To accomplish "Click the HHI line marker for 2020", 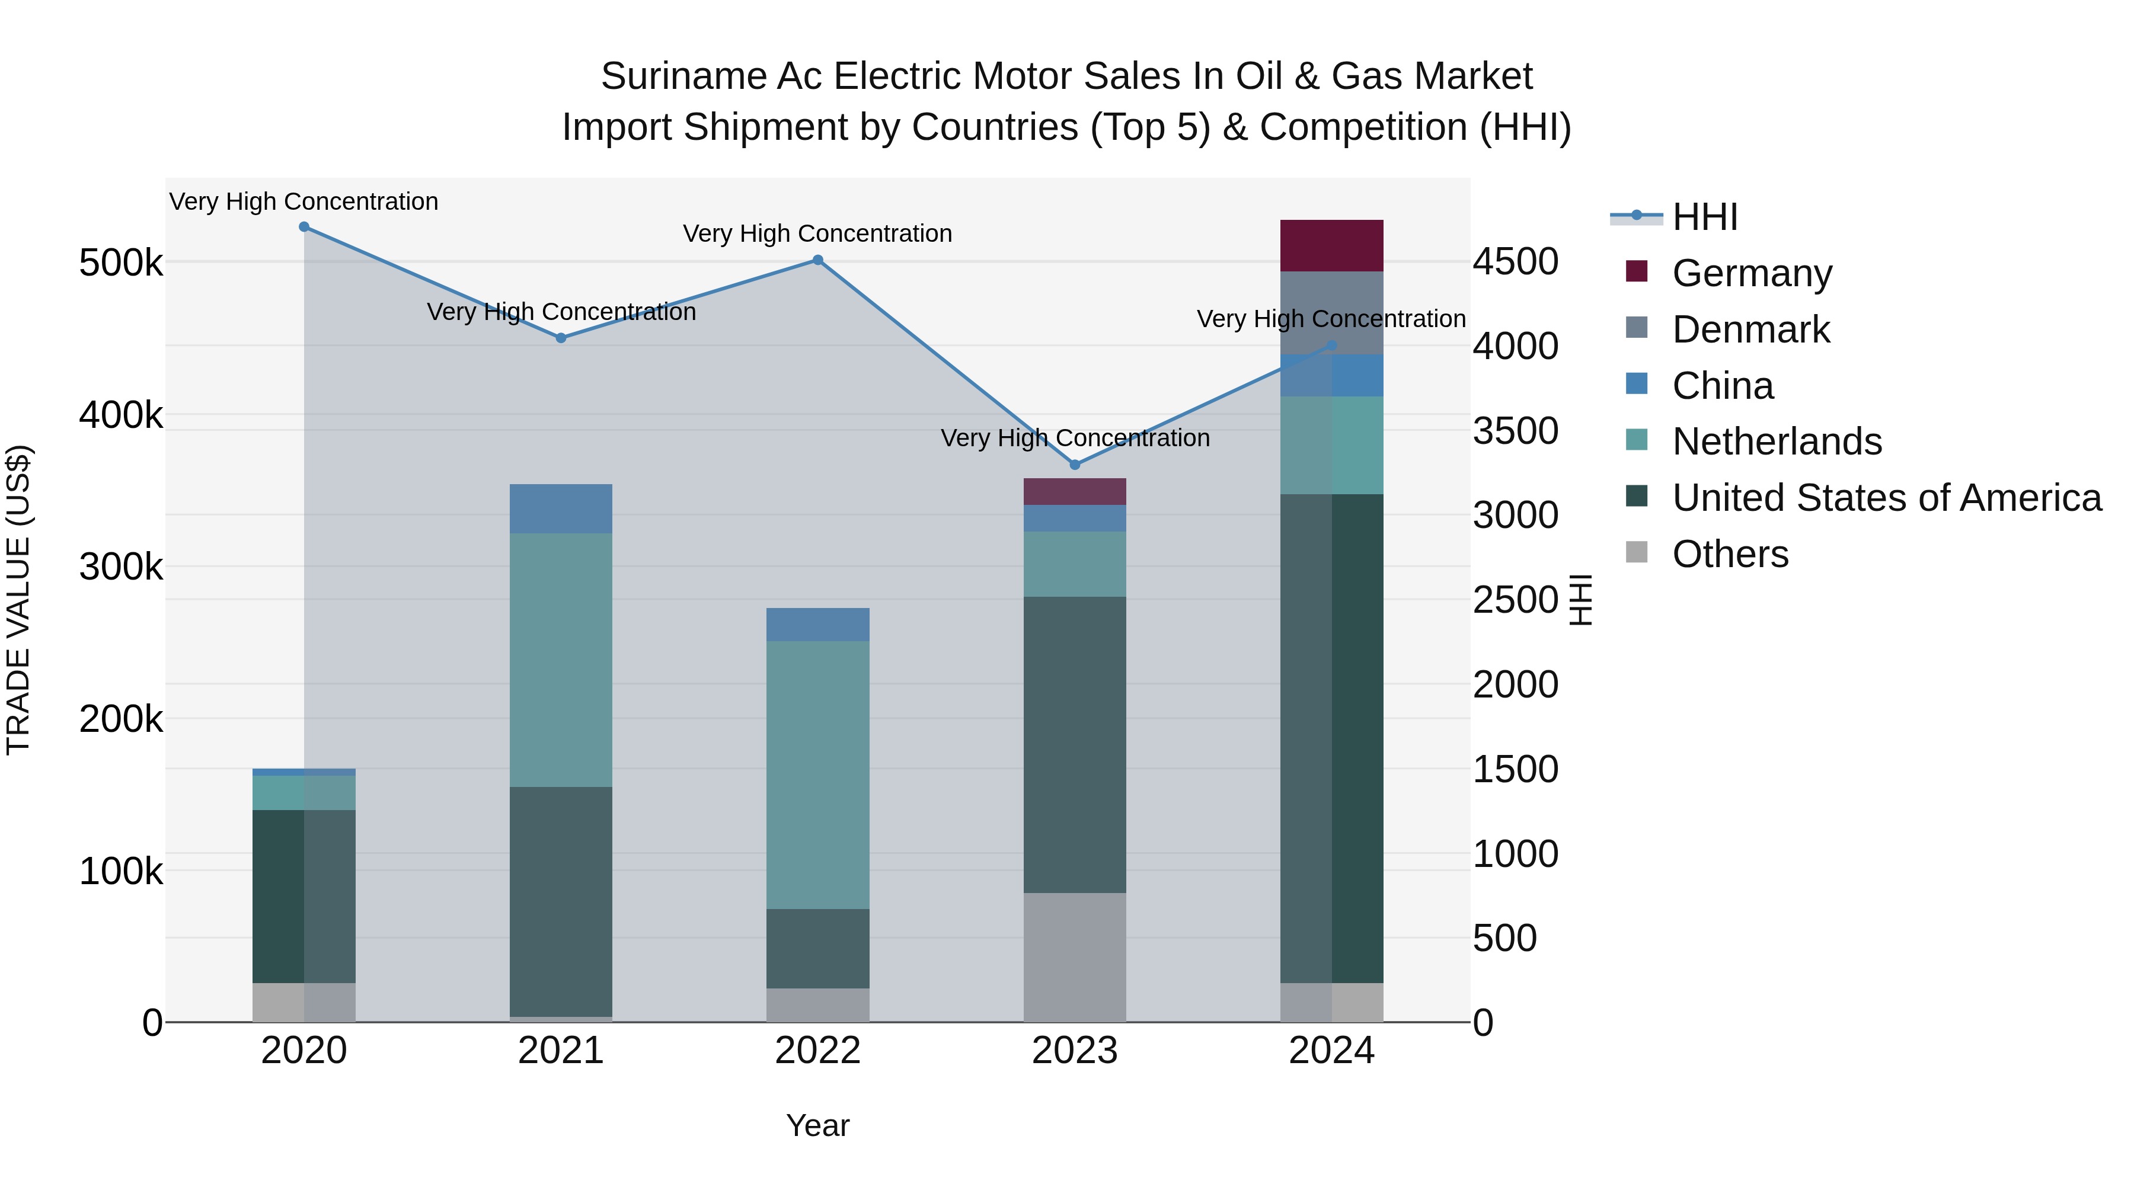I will point(304,227).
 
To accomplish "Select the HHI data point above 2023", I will point(1075,465).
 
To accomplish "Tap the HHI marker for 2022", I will point(817,260).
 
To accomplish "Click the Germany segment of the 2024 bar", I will point(1331,246).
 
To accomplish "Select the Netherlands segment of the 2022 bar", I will point(817,775).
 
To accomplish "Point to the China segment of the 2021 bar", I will point(561,508).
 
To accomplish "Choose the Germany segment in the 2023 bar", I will point(1075,491).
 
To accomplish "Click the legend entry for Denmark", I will point(1750,329).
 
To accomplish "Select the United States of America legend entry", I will point(1886,498).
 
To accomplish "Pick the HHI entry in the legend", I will point(1704,217).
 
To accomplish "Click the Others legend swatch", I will point(1637,552).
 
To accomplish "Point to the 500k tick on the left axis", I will point(121,263).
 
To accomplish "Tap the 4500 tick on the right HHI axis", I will point(1515,262).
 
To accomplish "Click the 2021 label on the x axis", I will point(561,1051).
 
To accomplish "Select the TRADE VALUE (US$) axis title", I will point(18,600).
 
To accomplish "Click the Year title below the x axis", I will point(817,1125).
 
